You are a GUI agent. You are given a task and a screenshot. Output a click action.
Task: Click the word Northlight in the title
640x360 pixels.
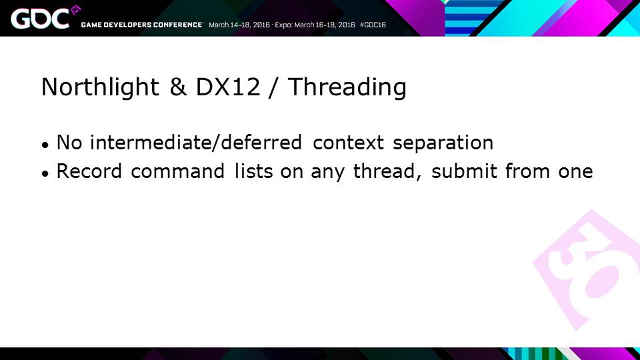point(100,87)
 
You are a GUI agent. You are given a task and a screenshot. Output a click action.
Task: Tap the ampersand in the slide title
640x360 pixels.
point(178,87)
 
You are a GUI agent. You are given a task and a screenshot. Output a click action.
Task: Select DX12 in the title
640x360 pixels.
point(228,87)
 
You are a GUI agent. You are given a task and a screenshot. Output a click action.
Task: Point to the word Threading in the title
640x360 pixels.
point(347,87)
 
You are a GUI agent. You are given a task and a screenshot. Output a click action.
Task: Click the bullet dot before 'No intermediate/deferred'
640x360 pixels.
point(45,145)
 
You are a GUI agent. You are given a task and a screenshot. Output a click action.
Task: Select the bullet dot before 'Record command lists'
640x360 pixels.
point(45,173)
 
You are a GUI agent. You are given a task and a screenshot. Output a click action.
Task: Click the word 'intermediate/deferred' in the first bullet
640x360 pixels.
point(196,142)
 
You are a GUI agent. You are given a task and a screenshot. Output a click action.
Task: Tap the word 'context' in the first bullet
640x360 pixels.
point(348,143)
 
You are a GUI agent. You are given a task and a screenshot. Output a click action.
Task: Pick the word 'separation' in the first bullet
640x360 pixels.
point(443,143)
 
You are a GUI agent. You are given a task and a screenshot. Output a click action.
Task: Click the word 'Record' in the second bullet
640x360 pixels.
point(89,171)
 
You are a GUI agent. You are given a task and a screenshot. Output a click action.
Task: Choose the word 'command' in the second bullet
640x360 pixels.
point(177,171)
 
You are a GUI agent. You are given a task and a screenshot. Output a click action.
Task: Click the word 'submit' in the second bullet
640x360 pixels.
point(464,171)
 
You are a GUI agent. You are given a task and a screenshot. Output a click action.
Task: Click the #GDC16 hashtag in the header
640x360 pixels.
point(373,25)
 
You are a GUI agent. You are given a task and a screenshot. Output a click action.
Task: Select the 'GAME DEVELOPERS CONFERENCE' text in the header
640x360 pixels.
point(141,25)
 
